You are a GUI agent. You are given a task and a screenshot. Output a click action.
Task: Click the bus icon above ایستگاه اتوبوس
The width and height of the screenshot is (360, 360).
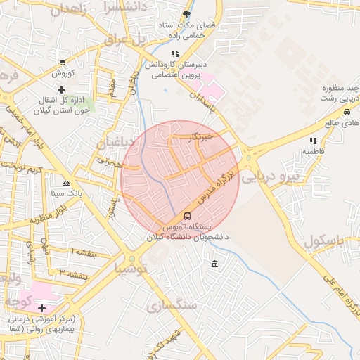[x=186, y=216]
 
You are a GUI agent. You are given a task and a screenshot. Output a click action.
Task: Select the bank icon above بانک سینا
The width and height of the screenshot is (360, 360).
[x=66, y=182]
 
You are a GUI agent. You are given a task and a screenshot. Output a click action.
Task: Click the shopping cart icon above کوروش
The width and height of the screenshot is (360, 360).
[x=63, y=62]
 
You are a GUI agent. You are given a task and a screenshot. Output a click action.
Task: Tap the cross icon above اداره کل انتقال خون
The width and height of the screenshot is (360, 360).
[x=62, y=89]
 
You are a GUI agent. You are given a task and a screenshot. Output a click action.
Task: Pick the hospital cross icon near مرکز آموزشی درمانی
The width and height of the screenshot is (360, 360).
[x=42, y=308]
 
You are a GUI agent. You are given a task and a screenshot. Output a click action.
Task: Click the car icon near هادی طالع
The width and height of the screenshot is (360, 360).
[x=347, y=112]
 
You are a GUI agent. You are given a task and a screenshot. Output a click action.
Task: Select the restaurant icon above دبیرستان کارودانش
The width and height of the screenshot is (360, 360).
[x=175, y=53]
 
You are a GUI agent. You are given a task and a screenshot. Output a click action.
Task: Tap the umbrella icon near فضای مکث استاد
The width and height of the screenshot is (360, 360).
[x=186, y=14]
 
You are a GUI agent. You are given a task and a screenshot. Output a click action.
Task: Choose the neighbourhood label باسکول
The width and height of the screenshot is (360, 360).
[x=327, y=242]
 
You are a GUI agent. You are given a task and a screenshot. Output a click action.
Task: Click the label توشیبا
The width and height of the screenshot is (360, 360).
[x=131, y=268]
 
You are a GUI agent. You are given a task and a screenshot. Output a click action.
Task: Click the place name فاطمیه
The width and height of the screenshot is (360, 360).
[x=313, y=150]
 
